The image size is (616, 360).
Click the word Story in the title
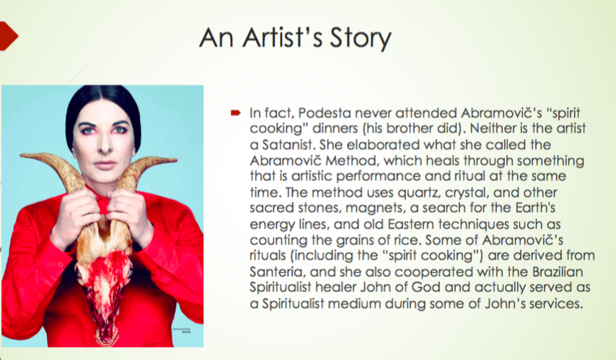pyautogui.click(x=360, y=38)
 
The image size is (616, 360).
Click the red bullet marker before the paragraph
pyautogui.click(x=235, y=113)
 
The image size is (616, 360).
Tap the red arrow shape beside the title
pyautogui.click(x=9, y=36)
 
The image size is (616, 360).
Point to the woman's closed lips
pyautogui.click(x=105, y=164)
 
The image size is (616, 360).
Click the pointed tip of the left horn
pyautogui.click(x=20, y=156)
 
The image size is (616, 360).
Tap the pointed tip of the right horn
pyautogui.click(x=177, y=159)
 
